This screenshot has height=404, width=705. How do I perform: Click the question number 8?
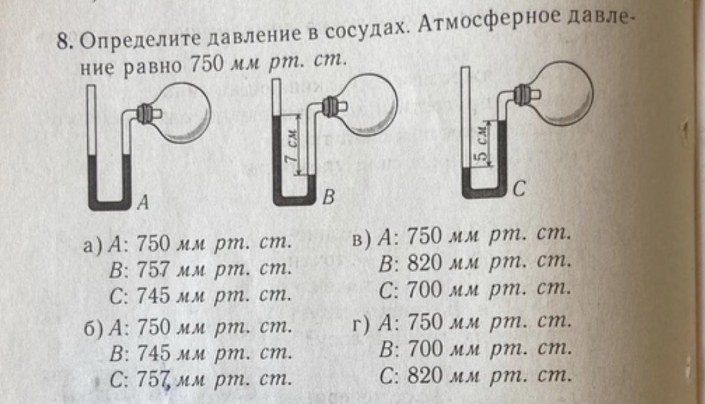coord(63,42)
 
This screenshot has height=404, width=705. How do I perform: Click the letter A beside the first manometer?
coord(143,202)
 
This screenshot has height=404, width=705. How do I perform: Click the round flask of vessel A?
coord(182,112)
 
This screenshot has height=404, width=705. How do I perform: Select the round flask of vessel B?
coord(368,104)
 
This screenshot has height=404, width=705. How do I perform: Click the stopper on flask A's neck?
coord(146,114)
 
